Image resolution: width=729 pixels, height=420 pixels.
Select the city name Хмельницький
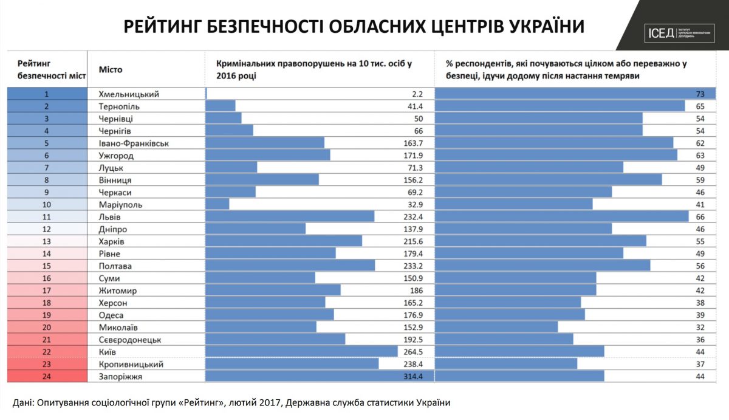point(128,94)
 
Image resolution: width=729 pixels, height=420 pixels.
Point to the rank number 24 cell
point(46,377)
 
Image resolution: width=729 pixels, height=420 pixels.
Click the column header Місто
point(110,69)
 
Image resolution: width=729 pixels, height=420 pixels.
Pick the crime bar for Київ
point(301,352)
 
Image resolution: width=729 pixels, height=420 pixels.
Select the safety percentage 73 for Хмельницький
point(707,94)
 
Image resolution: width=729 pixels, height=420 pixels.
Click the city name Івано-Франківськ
point(133,143)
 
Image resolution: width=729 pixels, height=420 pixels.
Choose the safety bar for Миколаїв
point(497,328)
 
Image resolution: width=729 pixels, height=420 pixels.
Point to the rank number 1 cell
point(46,94)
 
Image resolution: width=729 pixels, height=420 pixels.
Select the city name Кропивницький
point(131,364)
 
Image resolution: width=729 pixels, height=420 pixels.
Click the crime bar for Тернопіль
point(221,106)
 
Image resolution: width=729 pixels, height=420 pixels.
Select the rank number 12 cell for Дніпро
point(46,229)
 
